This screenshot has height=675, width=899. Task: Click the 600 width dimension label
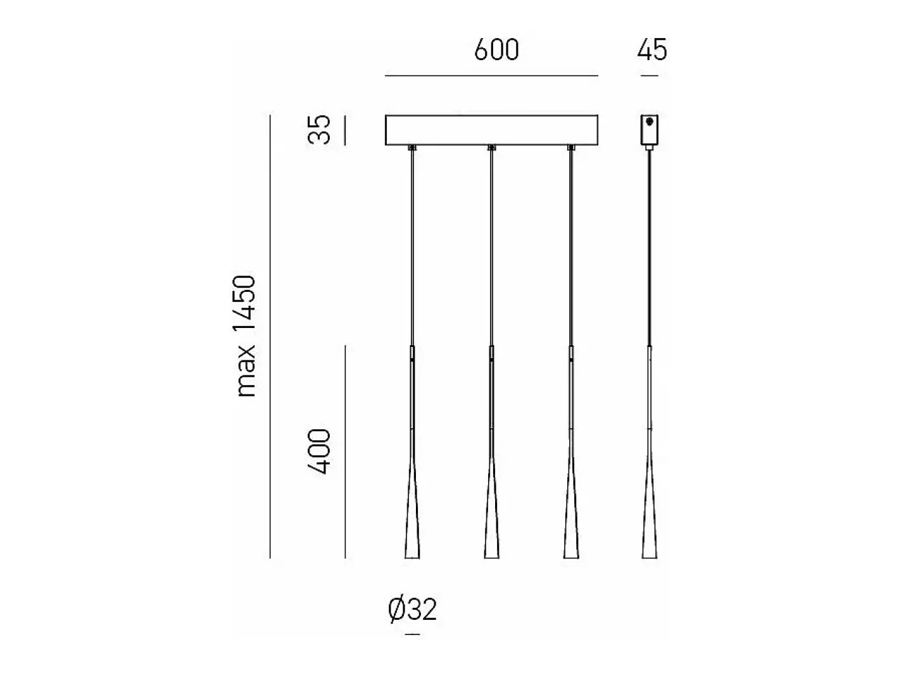(x=496, y=50)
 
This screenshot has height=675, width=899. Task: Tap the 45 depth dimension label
(x=652, y=50)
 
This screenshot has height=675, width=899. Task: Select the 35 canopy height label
(x=319, y=129)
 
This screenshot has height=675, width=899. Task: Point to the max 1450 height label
(x=244, y=336)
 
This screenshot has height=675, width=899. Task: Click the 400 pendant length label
(x=319, y=451)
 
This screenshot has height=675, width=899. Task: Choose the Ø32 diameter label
(x=412, y=610)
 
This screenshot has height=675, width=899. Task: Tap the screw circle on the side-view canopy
(x=649, y=121)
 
